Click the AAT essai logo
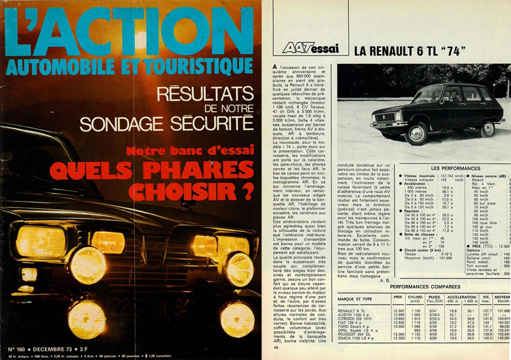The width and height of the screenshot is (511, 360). click(x=310, y=48)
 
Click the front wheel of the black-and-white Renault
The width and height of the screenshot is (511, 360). click(x=416, y=133)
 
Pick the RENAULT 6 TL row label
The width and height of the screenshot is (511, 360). click(x=354, y=311)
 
